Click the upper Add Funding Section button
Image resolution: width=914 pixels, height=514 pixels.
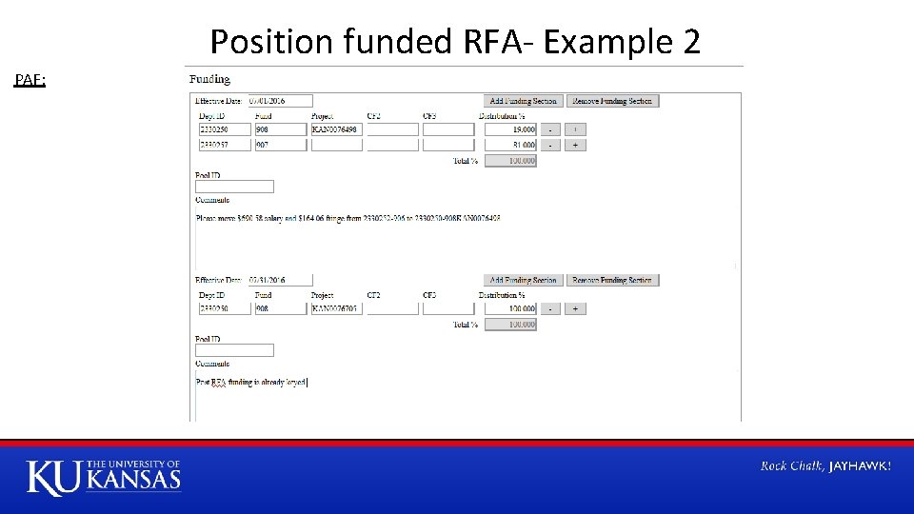tap(523, 101)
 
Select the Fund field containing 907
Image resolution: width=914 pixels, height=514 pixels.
tap(281, 146)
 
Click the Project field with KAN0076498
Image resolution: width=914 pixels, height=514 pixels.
tap(337, 129)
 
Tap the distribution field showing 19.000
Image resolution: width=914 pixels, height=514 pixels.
tap(510, 129)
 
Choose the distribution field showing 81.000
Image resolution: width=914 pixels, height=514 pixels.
tap(510, 146)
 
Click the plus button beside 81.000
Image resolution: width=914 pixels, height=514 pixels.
tap(575, 146)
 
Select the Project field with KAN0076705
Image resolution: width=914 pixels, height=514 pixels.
tap(337, 308)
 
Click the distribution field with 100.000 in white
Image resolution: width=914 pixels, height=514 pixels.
tap(510, 308)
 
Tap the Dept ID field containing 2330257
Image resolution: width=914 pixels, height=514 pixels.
tap(225, 146)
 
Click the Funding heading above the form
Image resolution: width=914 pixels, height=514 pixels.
tap(209, 79)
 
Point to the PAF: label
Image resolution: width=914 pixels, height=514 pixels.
tap(30, 80)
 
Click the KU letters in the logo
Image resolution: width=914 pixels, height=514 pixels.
tap(55, 477)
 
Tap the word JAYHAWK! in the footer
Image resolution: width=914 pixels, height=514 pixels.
tap(861, 465)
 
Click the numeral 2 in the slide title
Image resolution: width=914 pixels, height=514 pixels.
tap(691, 42)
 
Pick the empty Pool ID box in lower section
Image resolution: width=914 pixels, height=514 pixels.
tap(234, 350)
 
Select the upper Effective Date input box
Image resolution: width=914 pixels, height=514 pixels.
tap(280, 101)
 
